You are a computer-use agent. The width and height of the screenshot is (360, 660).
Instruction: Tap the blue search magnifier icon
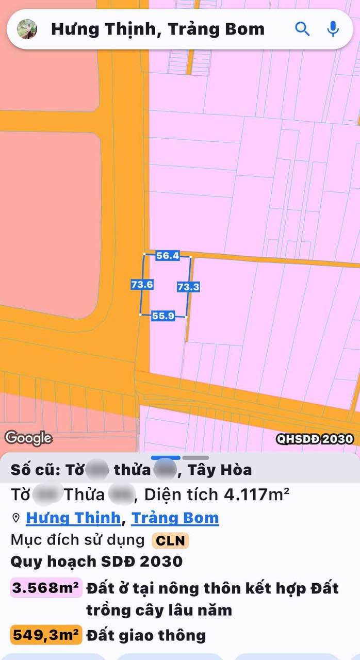[302, 29]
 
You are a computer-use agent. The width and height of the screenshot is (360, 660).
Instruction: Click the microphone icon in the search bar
[333, 29]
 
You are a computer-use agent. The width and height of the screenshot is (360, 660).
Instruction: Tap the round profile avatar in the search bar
[27, 29]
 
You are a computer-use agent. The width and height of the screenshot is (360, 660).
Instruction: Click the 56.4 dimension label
[168, 255]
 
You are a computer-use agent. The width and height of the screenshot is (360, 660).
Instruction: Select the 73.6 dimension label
[142, 284]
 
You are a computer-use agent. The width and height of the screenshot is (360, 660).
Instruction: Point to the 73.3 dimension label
[188, 287]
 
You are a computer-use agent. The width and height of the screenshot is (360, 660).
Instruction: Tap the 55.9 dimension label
[163, 316]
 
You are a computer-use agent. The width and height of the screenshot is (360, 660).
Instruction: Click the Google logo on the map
[28, 438]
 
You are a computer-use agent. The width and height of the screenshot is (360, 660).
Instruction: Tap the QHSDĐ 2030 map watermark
[315, 439]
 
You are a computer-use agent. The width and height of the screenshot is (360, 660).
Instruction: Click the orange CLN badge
[170, 541]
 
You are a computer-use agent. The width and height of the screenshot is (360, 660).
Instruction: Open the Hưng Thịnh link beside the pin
[73, 518]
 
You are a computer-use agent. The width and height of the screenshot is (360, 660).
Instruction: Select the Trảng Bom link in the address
[175, 518]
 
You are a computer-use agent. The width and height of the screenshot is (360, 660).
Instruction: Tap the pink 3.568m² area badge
[46, 588]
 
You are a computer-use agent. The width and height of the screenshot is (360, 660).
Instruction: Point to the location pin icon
[15, 518]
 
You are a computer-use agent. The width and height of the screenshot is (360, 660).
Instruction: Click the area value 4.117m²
[256, 495]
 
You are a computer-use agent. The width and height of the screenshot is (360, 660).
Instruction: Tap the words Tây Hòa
[220, 470]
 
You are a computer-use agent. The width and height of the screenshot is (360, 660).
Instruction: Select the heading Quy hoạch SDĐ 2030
[96, 561]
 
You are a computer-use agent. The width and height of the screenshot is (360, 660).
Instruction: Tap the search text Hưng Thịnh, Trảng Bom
[157, 29]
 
